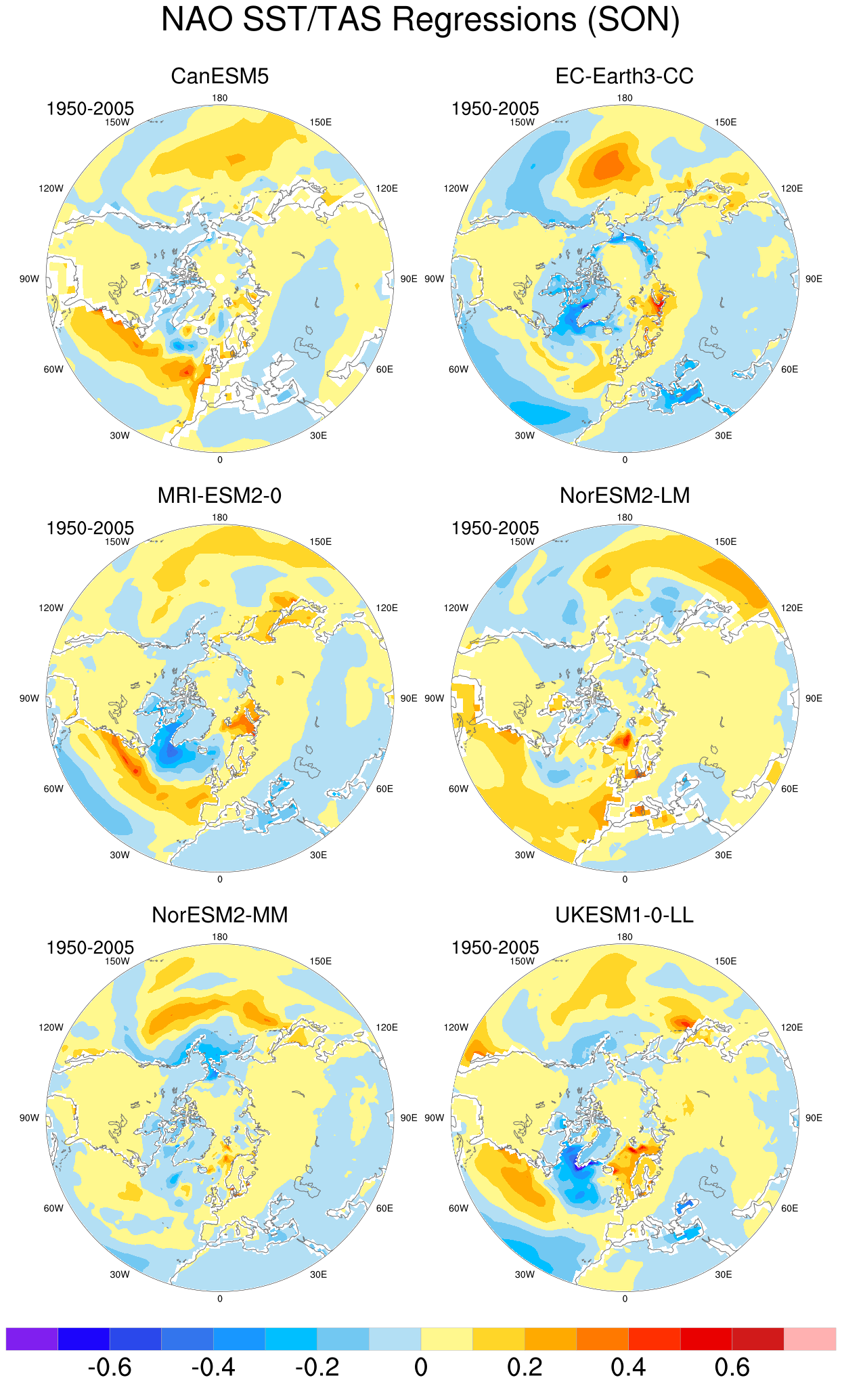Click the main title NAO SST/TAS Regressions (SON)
click(x=420, y=20)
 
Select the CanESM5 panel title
click(x=220, y=76)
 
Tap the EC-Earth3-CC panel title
click(x=625, y=76)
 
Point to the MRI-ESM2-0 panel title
click(x=220, y=495)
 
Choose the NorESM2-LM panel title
click(x=625, y=495)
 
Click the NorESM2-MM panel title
click(x=220, y=915)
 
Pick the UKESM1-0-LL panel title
click(x=625, y=915)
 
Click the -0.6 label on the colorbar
click(x=110, y=1367)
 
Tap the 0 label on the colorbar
click(x=421, y=1367)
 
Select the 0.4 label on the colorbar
click(x=628, y=1367)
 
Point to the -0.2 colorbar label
click(x=317, y=1367)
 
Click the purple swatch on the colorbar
click(x=32, y=1339)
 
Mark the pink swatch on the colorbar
click(x=810, y=1339)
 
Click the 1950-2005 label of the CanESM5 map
click(x=90, y=108)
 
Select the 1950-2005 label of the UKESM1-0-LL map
click(x=495, y=948)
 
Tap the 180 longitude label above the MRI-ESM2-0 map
click(x=220, y=518)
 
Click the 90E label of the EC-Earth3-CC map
click(x=814, y=279)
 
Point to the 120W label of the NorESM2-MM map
click(x=51, y=1027)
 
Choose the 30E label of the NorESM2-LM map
click(x=724, y=855)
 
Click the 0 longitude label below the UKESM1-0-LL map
click(x=625, y=1299)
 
